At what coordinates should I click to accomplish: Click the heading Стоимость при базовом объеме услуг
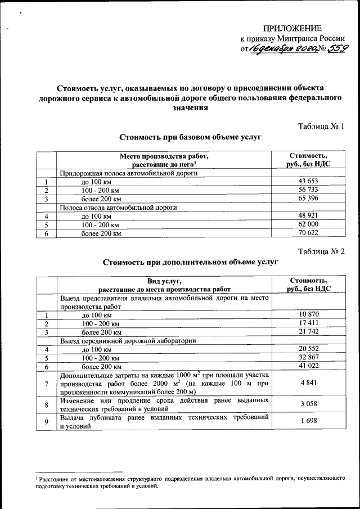coord(191,137)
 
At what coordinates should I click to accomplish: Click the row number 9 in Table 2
coord(46,421)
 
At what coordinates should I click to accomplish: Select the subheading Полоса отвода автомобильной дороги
coord(118,207)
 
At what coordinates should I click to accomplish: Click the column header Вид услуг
coord(165,281)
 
